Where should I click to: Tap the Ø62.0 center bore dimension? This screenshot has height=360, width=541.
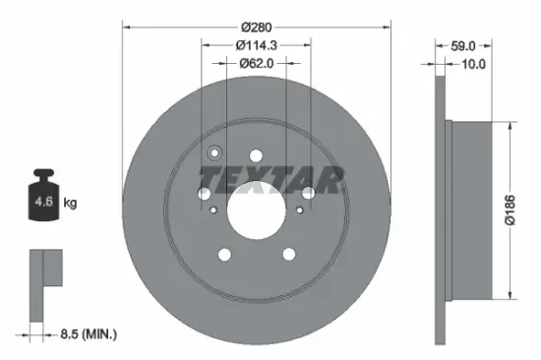tap(256, 62)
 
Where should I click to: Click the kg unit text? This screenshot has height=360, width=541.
tap(71, 203)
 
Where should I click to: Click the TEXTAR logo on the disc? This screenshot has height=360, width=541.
tap(271, 179)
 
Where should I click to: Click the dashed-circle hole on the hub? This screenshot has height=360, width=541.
tap(215, 153)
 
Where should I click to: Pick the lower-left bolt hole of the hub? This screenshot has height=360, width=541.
tap(224, 256)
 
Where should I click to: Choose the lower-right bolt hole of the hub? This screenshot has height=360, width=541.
tap(288, 255)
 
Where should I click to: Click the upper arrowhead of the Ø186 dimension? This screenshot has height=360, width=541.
tap(510, 126)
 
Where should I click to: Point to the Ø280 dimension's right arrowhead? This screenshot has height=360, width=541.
tap(387, 27)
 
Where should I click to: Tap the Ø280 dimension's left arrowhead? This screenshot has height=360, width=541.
tap(125, 27)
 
